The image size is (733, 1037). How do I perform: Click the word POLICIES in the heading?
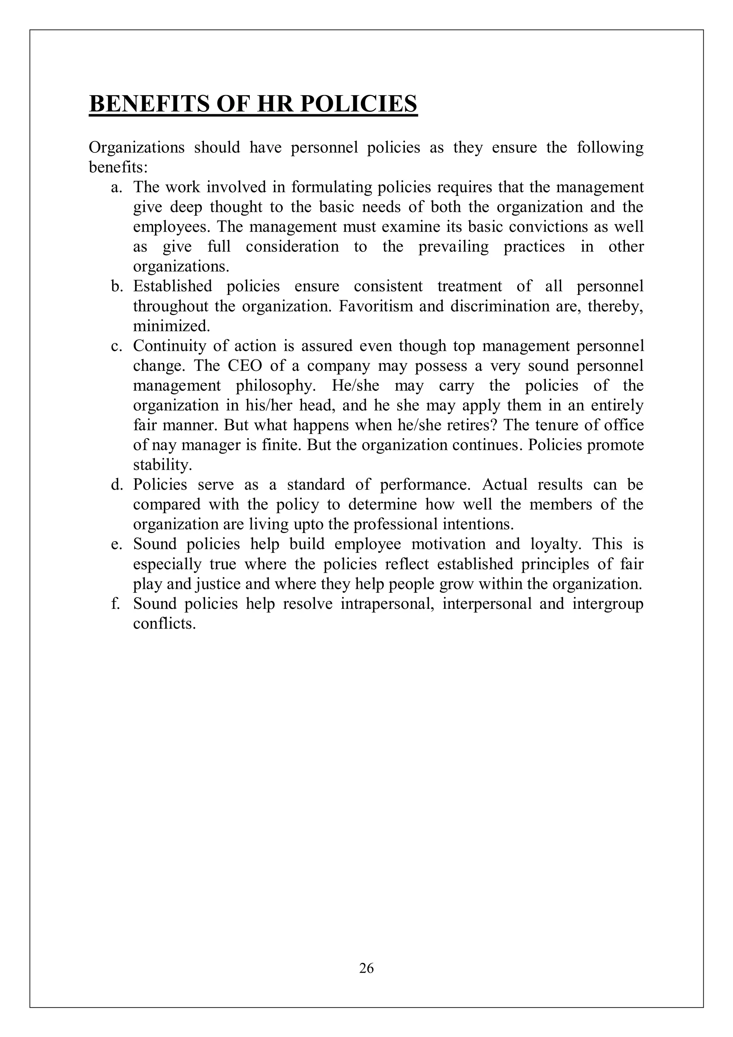[x=359, y=104]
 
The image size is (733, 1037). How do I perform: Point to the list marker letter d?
[x=117, y=485]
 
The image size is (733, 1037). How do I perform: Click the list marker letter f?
[x=116, y=604]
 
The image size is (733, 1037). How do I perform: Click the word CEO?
[x=245, y=366]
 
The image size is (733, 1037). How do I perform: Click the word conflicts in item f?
[x=164, y=624]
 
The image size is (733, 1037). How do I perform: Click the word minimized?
[x=172, y=326]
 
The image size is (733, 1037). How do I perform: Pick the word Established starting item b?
[x=173, y=286]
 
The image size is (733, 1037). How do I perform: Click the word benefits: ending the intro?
[x=118, y=168]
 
